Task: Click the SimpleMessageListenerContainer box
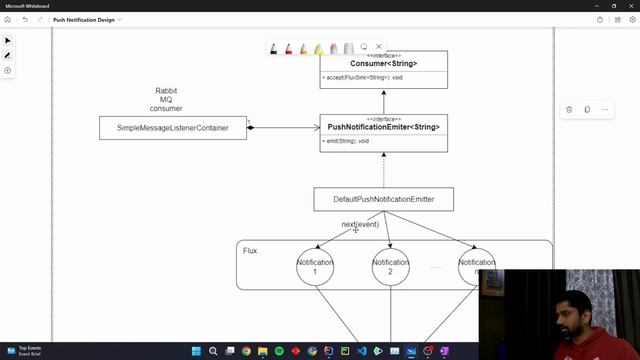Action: (172, 128)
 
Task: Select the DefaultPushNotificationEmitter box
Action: (383, 200)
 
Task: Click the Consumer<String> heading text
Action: (384, 64)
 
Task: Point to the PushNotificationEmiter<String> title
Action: (384, 127)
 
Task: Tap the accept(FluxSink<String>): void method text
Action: (363, 78)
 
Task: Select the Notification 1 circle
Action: (315, 267)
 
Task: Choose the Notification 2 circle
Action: (390, 267)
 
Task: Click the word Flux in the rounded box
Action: (250, 250)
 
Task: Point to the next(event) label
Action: (360, 225)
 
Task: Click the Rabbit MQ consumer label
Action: (166, 99)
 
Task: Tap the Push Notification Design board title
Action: (84, 19)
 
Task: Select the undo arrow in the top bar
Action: (25, 19)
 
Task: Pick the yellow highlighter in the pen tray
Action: (318, 48)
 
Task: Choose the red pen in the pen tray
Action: (288, 48)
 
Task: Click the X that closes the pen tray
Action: (378, 47)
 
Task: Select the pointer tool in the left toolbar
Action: (9, 41)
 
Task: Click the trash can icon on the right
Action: (569, 109)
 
